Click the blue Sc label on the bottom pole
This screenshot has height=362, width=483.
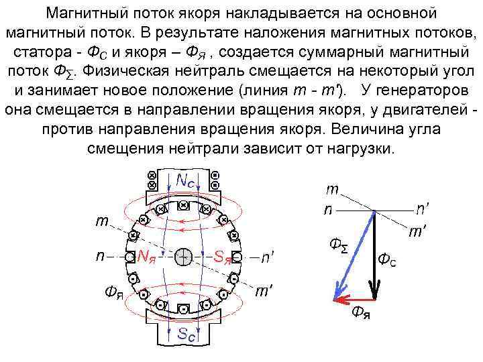point(186,334)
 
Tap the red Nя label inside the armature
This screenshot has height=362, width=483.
point(147,256)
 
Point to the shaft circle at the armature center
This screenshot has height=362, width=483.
point(184,256)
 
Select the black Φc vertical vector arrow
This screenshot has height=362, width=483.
point(374,255)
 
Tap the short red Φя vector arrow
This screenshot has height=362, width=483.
point(354,299)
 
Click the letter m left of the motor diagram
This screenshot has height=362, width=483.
point(101,221)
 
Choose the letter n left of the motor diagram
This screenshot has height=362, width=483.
point(99,256)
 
